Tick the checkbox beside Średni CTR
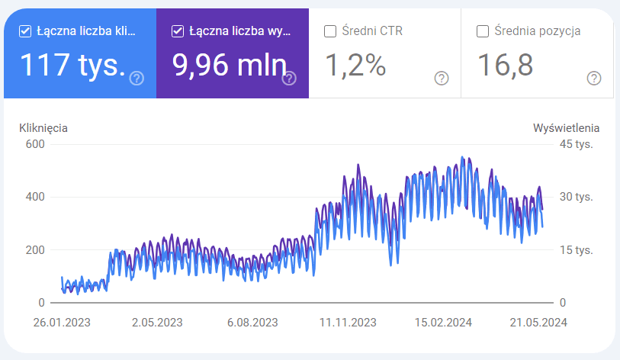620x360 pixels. click(x=329, y=31)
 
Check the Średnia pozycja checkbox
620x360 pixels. click(x=483, y=31)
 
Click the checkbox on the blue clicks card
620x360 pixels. click(x=25, y=31)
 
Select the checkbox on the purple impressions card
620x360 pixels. click(x=178, y=31)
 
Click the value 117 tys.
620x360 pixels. click(x=72, y=65)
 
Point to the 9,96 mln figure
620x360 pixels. click(x=230, y=65)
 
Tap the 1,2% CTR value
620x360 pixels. click(x=355, y=65)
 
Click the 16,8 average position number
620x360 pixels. click(x=506, y=65)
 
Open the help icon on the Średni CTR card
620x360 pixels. click(x=442, y=79)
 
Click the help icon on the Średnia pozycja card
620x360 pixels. click(x=594, y=79)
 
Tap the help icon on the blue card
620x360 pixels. click(x=137, y=79)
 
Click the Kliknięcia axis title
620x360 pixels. click(x=43, y=128)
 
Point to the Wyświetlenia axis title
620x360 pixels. click(x=566, y=128)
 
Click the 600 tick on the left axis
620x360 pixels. click(x=35, y=144)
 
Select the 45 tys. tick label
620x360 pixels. click(x=576, y=144)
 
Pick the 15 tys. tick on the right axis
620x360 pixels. click(x=576, y=250)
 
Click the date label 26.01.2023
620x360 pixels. click(x=62, y=323)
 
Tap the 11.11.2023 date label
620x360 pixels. click(x=348, y=323)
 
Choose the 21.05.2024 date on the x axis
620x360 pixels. click(x=538, y=323)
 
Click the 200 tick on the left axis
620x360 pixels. click(x=35, y=250)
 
